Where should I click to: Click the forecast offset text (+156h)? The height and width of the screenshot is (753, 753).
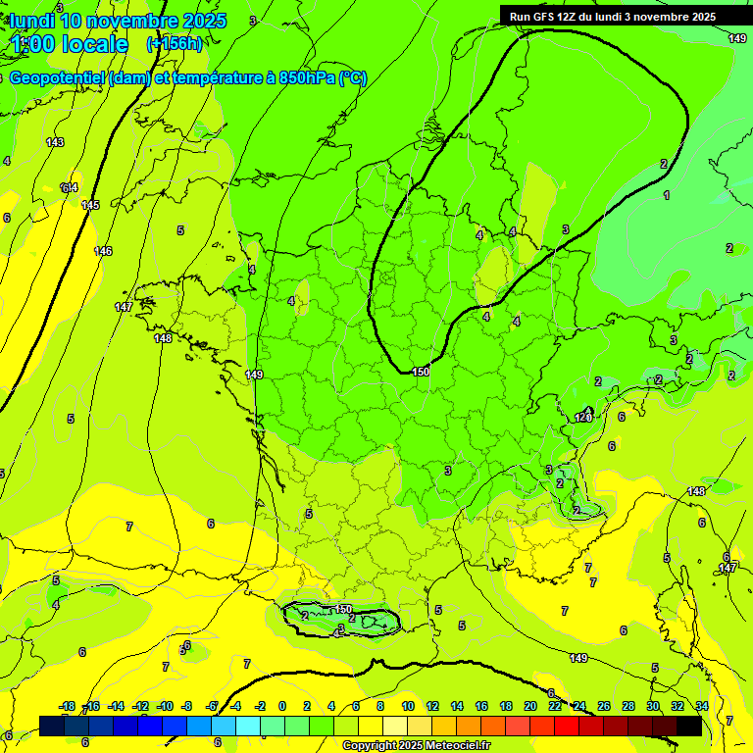[x=174, y=43]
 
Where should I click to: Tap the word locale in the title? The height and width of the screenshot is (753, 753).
[x=94, y=44]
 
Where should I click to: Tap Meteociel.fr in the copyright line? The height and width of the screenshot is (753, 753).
[x=452, y=746]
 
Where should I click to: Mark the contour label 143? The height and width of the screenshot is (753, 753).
[x=55, y=143]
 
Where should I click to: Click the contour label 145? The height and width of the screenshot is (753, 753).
[x=90, y=205]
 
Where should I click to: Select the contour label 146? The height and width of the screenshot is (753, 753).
[x=102, y=252]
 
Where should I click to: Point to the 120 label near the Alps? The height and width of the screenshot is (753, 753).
[x=583, y=418]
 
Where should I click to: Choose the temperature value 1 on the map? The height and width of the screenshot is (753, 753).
[x=667, y=196]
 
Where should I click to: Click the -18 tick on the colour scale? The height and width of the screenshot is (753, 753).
[x=67, y=706]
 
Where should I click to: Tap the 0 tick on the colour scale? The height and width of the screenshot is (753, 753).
[x=282, y=706]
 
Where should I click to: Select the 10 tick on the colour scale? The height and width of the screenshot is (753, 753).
[x=407, y=706]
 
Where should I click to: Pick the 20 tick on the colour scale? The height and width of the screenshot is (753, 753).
[x=529, y=706]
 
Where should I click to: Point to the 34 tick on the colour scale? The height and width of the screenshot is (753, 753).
[x=702, y=706]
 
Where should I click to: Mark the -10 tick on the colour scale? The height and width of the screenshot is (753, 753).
[x=165, y=706]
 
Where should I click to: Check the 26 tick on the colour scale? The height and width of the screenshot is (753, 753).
[x=603, y=706]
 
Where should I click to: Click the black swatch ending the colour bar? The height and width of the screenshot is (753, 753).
[x=689, y=726]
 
